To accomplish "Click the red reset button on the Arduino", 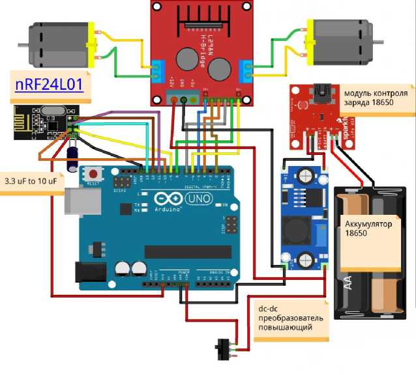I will point(95,174).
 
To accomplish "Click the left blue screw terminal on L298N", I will point(156,71).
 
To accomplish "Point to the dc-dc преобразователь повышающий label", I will point(288,318).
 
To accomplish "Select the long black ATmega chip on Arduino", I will point(188,251).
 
